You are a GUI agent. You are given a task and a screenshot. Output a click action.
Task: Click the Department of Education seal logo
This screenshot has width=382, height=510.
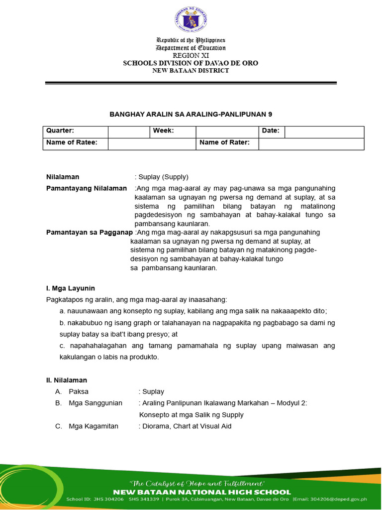(x=191, y=20)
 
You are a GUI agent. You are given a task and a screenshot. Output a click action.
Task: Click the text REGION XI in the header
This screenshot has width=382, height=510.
(x=191, y=55)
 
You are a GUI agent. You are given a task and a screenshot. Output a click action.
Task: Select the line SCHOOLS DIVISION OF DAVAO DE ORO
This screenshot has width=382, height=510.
(x=191, y=63)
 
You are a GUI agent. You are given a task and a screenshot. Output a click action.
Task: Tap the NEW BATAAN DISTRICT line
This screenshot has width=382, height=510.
(x=191, y=71)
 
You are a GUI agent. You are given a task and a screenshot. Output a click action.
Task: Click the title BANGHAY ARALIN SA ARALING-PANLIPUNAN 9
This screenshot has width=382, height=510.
(x=191, y=115)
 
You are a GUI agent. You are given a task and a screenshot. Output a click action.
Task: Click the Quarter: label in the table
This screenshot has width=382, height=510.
(x=60, y=130)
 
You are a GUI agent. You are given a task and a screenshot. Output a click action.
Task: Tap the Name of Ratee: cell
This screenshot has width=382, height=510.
(x=72, y=143)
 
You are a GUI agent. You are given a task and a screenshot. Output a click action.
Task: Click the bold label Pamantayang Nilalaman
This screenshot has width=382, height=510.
(x=87, y=188)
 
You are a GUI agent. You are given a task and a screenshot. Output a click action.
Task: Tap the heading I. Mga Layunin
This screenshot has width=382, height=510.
(x=70, y=288)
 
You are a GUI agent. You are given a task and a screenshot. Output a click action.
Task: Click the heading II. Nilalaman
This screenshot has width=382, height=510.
(x=66, y=380)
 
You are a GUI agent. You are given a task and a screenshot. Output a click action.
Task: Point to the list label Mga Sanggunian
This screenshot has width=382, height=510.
(x=95, y=403)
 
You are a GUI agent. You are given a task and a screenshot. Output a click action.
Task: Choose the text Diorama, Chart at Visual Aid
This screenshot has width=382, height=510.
(x=185, y=426)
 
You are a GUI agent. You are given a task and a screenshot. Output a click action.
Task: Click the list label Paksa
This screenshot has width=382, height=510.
(x=79, y=391)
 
